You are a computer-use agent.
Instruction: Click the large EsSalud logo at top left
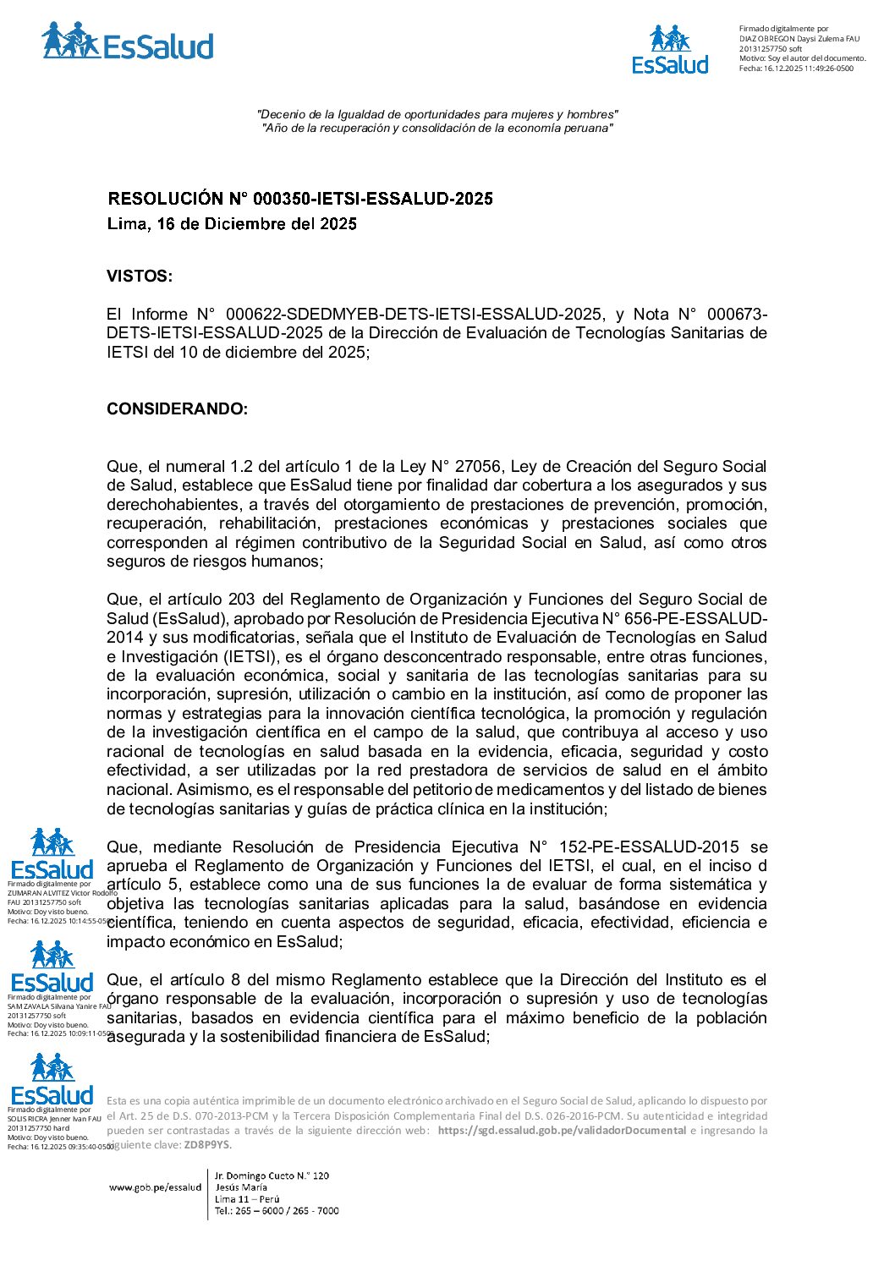coord(127,42)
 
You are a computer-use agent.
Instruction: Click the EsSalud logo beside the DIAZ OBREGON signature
coord(670,50)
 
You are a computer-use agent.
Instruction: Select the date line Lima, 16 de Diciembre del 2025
coord(232,224)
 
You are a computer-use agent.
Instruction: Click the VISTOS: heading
coord(140,277)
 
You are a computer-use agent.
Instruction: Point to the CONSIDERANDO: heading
coord(177,409)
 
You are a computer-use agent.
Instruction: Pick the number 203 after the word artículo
coord(242,600)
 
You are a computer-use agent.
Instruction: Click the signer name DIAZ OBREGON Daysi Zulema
coord(790,39)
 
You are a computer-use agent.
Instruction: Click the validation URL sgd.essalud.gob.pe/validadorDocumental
coord(562,1131)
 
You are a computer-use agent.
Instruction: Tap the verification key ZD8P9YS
coord(207,1145)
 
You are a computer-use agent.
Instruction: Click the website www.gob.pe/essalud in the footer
coord(155,1187)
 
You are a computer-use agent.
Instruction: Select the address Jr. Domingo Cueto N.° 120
coord(272,1176)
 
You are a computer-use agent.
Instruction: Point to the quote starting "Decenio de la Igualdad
coord(437,114)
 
